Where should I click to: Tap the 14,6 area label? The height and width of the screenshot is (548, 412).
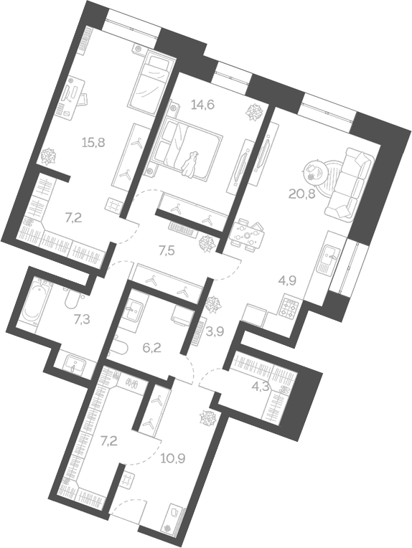tap(202, 105)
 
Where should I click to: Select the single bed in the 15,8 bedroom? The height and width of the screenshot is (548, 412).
tap(149, 82)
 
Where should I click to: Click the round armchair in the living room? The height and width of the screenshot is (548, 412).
tap(317, 172)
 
